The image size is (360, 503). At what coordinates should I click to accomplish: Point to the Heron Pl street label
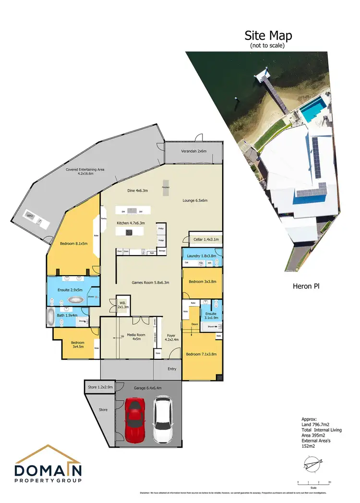click(306, 286)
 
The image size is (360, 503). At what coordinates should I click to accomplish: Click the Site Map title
click(268, 36)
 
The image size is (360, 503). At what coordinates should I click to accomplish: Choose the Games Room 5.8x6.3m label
click(150, 282)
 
